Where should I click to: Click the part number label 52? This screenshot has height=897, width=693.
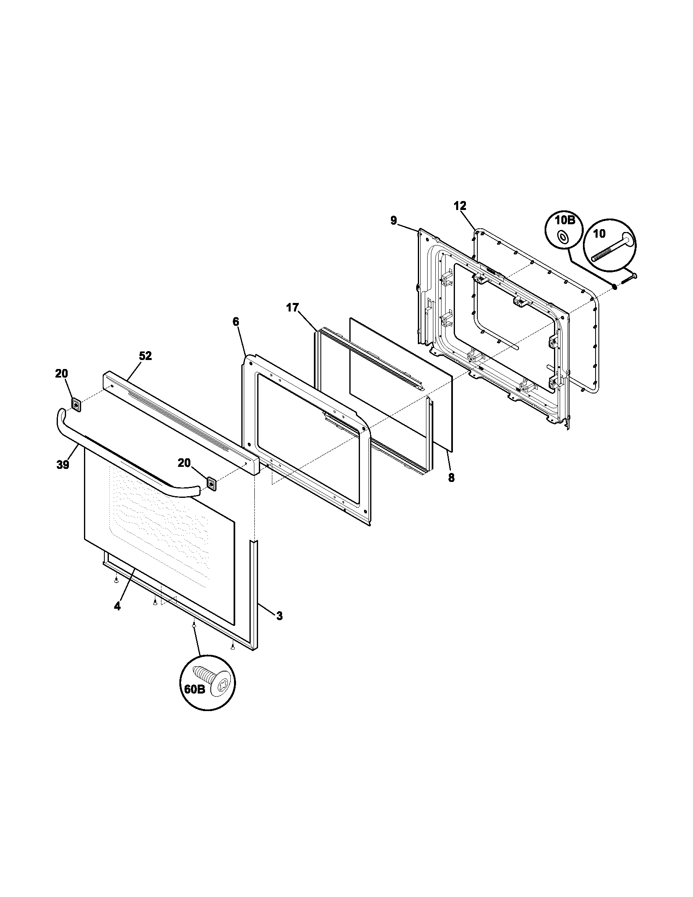(145, 356)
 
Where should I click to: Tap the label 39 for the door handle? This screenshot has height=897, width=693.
(63, 465)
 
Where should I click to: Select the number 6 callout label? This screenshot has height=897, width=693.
(236, 322)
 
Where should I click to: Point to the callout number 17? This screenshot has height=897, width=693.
(293, 307)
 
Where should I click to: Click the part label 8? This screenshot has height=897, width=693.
(451, 479)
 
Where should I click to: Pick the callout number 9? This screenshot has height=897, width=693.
(394, 221)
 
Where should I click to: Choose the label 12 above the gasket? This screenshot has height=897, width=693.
(460, 206)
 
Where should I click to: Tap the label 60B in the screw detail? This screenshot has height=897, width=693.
(194, 689)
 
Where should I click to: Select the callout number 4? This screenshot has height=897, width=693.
(117, 606)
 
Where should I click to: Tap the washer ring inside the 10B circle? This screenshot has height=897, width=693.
(561, 236)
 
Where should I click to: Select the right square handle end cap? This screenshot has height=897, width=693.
(212, 484)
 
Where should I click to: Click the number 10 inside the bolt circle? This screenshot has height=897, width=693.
(599, 234)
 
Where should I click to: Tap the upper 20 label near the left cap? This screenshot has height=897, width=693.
(62, 374)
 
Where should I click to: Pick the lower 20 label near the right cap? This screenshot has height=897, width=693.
(184, 463)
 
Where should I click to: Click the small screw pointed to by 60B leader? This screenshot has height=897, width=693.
(193, 636)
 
